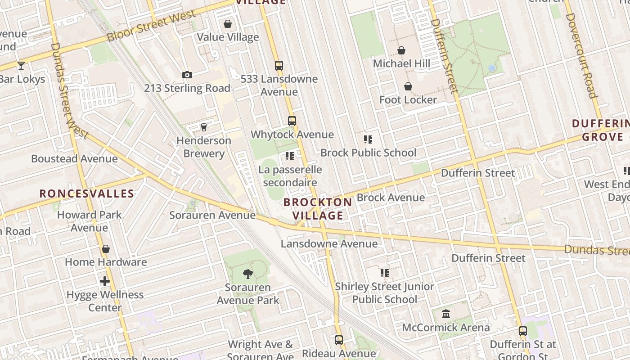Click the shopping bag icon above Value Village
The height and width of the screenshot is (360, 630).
coord(228,24)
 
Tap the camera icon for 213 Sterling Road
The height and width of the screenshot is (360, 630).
coord(187,75)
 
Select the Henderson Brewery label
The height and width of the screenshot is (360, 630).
coord(203,147)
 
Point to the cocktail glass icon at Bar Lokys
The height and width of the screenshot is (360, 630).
coord(21,66)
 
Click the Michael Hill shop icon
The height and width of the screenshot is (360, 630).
coord(401,50)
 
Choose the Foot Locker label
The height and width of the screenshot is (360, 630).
coord(408,100)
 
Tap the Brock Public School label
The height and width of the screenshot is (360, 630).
coord(368,153)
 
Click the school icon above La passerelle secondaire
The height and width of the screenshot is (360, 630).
coord(290,156)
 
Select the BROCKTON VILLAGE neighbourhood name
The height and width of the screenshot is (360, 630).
coord(318,209)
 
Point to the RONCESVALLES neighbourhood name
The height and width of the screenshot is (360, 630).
coord(87,194)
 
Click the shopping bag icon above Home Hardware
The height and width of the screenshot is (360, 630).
coord(106,249)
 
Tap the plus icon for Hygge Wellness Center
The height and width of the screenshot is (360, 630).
coord(105,282)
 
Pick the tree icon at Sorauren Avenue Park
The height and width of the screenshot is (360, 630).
coord(247,274)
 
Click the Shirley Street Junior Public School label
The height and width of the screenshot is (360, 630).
coord(384,293)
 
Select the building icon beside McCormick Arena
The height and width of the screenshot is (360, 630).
coord(446,314)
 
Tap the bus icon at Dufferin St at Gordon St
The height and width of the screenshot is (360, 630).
coord(523,331)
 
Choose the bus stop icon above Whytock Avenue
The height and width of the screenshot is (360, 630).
coord(292,121)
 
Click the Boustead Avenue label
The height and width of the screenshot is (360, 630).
coord(74,159)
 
